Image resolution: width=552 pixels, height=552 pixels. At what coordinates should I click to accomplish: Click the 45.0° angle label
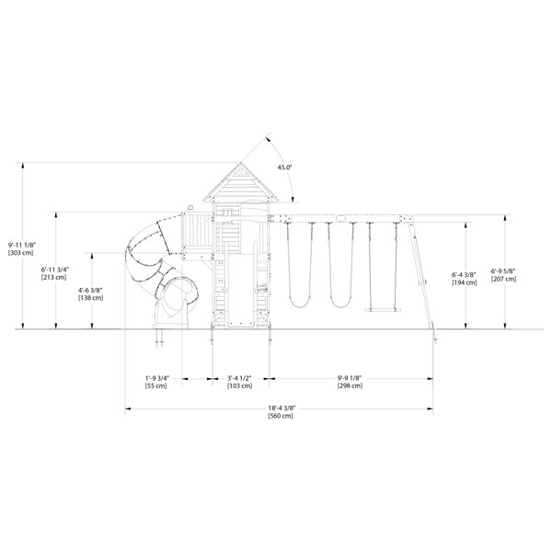pos(284,167)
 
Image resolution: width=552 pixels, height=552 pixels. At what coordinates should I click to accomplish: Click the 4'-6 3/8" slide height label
pos(91,290)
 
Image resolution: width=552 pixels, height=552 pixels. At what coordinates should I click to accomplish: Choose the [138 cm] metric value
pos(91,298)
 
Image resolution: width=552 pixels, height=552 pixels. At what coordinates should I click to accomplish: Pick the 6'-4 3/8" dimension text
pos(465,274)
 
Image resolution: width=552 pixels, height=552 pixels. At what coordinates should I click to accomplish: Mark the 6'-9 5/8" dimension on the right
pos(503,270)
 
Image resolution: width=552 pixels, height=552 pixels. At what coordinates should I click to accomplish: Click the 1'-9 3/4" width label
pos(155,377)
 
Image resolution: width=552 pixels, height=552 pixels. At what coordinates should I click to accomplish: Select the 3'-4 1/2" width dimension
pos(240,377)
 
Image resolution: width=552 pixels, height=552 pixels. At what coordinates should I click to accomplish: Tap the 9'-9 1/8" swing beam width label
pos(350,377)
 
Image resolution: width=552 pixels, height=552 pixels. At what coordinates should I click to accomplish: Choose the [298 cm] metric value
pos(350,385)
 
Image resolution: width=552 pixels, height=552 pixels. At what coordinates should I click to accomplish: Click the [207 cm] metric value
pos(503,278)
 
